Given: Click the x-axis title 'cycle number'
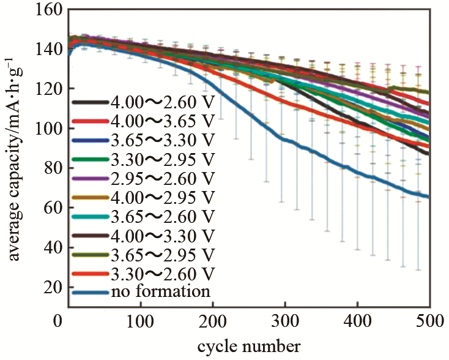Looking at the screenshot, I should point(248,347).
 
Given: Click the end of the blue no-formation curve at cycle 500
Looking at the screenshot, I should point(428,197).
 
